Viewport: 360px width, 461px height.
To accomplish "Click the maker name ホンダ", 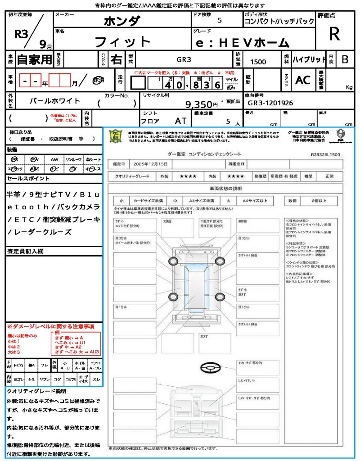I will [x=122, y=21].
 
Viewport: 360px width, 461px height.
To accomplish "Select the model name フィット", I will [x=122, y=42].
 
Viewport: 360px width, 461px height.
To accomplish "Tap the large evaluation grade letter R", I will [x=334, y=34].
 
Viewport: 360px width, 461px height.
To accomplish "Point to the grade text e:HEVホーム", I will [x=242, y=43].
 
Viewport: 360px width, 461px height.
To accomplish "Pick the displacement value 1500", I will [x=258, y=62].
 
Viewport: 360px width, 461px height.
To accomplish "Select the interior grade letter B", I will [x=345, y=59].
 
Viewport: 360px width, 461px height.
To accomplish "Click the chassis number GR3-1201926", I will [x=270, y=103].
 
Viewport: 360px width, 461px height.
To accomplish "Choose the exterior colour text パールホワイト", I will [x=55, y=101].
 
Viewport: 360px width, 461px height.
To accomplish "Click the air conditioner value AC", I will [x=303, y=80].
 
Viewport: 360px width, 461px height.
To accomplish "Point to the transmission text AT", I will [x=180, y=121].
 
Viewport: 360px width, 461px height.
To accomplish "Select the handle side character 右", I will [x=117, y=59].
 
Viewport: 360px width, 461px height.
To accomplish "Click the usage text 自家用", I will [x=34, y=59].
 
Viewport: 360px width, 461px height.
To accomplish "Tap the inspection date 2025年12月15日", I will [x=153, y=164].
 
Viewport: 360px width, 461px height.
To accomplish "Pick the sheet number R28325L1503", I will [x=325, y=154].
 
